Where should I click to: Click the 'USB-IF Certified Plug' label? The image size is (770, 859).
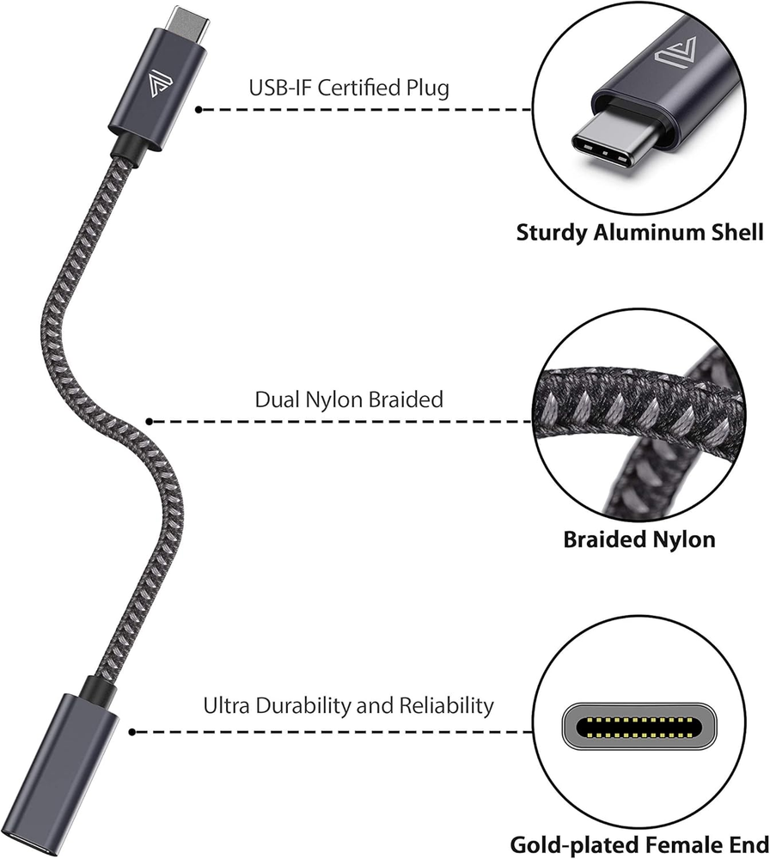(x=349, y=87)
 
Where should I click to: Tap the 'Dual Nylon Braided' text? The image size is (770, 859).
(x=349, y=399)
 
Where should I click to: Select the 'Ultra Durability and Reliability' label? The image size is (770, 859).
(x=349, y=706)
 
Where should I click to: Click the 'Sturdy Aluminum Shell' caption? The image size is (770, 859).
(x=639, y=232)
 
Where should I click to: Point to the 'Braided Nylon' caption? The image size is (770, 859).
(x=639, y=539)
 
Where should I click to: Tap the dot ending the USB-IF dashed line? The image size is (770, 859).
(x=199, y=110)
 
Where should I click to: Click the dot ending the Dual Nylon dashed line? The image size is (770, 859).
(x=150, y=421)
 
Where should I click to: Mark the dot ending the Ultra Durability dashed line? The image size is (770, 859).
(x=132, y=732)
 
